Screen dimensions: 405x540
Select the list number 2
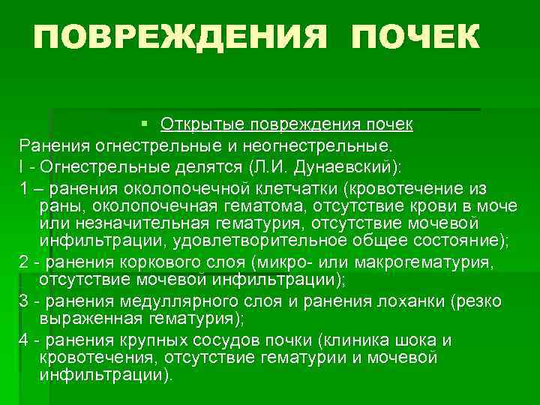tap(24, 262)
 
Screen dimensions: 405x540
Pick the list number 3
tap(24, 301)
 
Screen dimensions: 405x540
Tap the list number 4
tap(24, 340)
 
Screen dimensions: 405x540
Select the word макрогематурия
tap(437, 262)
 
